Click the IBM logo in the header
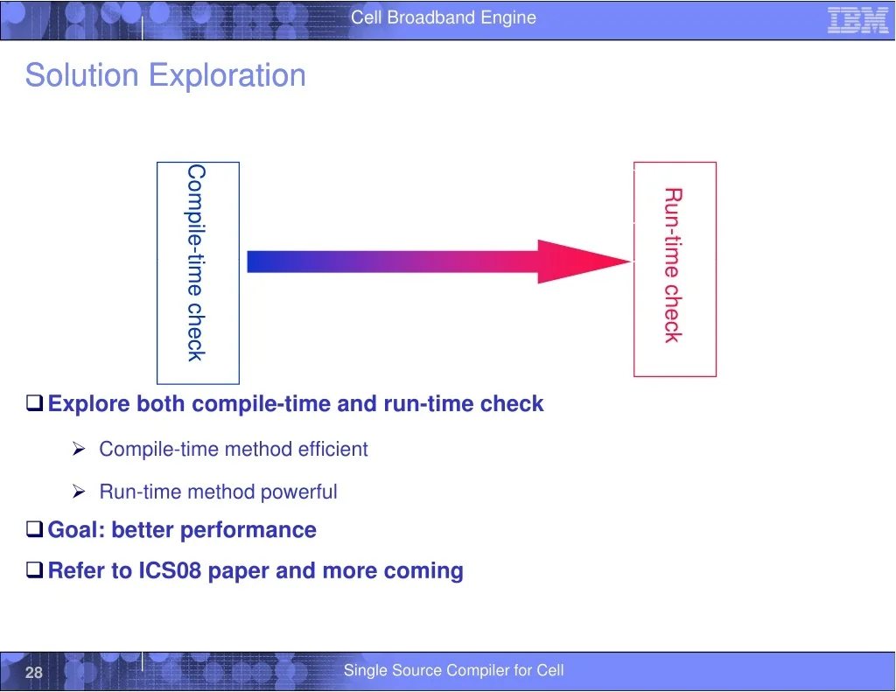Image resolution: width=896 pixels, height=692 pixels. pyautogui.click(x=857, y=20)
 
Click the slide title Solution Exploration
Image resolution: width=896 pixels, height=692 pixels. pyautogui.click(x=165, y=75)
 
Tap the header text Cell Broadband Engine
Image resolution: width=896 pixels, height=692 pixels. pyautogui.click(x=444, y=17)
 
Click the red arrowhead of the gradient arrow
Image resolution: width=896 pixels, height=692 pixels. pyautogui.click(x=584, y=262)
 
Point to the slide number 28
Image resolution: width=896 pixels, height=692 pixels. pyautogui.click(x=34, y=672)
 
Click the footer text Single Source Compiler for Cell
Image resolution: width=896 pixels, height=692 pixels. pyautogui.click(x=454, y=670)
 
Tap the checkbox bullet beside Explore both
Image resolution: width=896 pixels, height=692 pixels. pyautogui.click(x=35, y=403)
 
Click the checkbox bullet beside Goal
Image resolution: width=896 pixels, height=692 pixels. pyautogui.click(x=35, y=529)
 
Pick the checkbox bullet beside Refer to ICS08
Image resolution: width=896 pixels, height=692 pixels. pyautogui.click(x=35, y=570)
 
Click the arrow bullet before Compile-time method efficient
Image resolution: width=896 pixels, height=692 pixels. pyautogui.click(x=79, y=449)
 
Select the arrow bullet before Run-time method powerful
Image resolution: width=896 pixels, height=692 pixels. pyautogui.click(x=79, y=492)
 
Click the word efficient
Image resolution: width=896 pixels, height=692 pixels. pyautogui.click(x=332, y=449)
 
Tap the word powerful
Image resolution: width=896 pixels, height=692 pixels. pyautogui.click(x=299, y=492)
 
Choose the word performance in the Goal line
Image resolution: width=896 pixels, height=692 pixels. pyautogui.click(x=248, y=530)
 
